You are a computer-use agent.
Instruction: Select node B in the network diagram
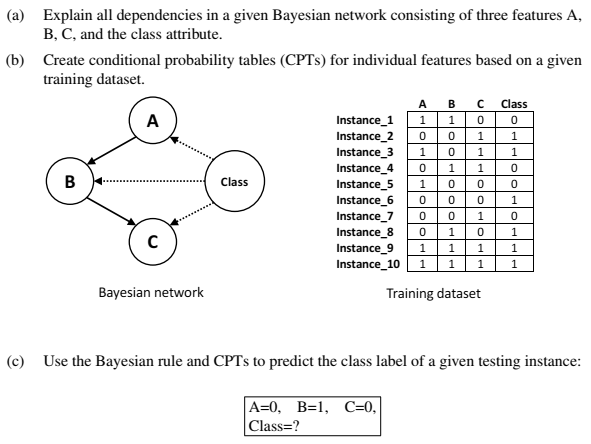click(x=70, y=182)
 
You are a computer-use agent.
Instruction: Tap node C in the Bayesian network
click(x=151, y=241)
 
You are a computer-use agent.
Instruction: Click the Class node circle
click(x=234, y=182)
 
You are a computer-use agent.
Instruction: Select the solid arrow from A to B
click(x=110, y=152)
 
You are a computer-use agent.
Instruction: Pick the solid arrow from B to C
click(x=110, y=212)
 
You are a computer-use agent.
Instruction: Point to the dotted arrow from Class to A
click(x=193, y=152)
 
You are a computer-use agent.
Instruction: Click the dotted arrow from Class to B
click(x=150, y=182)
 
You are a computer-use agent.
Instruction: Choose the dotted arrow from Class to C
click(x=193, y=212)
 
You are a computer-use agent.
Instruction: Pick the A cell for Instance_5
click(x=422, y=184)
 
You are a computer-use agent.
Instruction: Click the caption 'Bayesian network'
click(x=151, y=293)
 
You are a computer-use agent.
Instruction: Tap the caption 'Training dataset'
click(x=433, y=294)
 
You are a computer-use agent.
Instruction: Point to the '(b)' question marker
click(x=14, y=61)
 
